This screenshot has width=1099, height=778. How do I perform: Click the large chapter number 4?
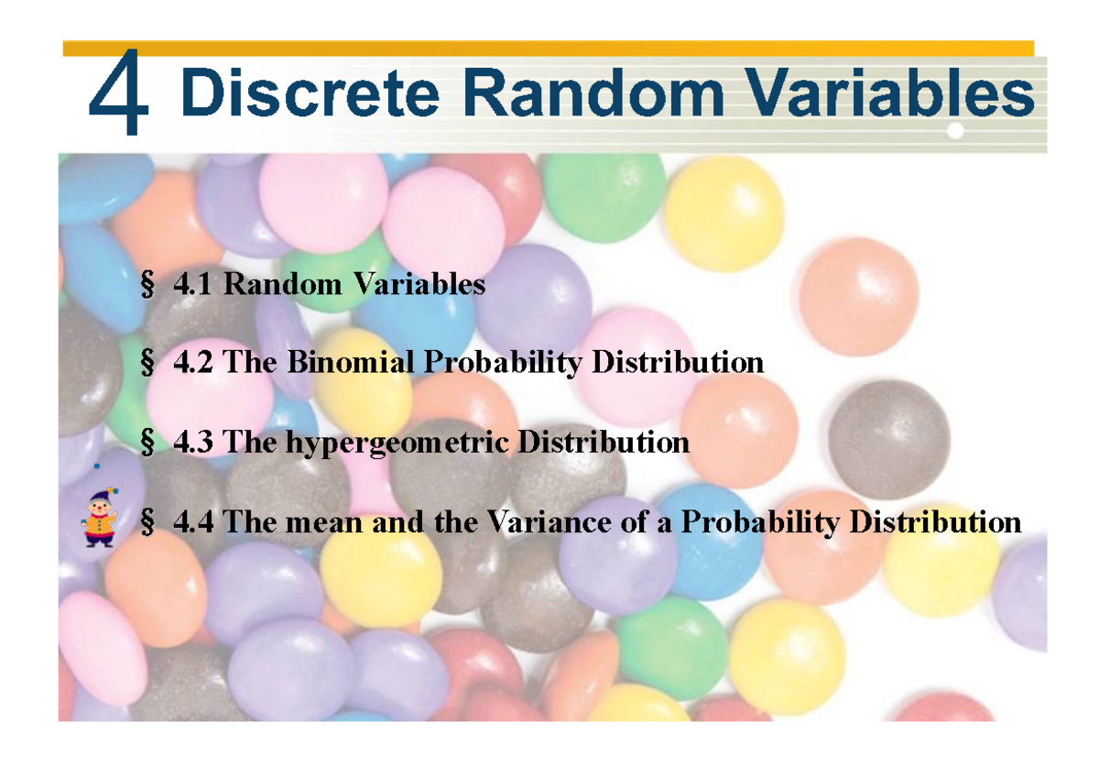coord(119,92)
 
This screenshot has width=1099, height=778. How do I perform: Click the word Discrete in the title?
coord(310,93)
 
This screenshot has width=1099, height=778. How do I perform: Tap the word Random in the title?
coord(593,93)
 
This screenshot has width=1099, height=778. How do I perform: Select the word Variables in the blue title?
coord(890,93)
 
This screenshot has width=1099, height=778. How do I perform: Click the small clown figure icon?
coord(99,518)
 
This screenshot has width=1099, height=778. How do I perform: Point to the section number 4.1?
coord(193,284)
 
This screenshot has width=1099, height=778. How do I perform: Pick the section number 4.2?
coord(193,362)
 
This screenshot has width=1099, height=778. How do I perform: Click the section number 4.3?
coord(193,442)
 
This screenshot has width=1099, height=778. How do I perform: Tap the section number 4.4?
coord(193,521)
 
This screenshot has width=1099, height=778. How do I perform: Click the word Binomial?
coord(350,362)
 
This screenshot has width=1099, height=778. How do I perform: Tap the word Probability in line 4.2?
coord(503,364)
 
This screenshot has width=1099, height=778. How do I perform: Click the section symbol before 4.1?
coord(147,285)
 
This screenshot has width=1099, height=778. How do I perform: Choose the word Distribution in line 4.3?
coord(604,442)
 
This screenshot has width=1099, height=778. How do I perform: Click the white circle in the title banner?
coord(955,130)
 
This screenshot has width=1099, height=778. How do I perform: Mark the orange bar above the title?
coord(549,48)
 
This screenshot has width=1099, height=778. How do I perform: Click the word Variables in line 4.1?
coord(419,284)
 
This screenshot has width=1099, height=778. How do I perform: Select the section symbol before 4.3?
coord(147,443)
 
